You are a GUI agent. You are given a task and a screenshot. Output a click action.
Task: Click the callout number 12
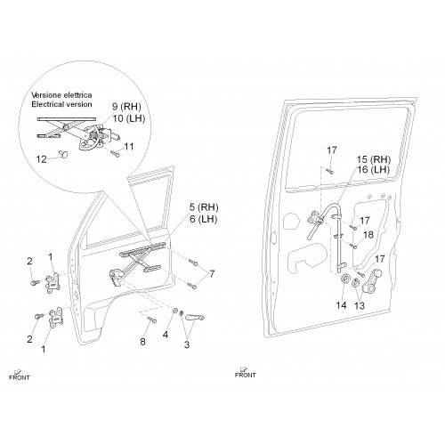[42, 159]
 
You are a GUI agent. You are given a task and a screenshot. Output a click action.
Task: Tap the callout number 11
[129, 147]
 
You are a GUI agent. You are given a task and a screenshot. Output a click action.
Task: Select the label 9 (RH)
[126, 107]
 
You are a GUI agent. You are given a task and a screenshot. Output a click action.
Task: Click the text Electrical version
[61, 104]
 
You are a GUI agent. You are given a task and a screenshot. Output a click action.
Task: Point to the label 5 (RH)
[204, 207]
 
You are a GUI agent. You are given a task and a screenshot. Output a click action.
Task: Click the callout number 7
[212, 274]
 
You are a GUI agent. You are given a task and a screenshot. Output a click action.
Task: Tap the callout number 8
[142, 342]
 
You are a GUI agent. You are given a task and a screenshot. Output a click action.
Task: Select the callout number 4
[166, 335]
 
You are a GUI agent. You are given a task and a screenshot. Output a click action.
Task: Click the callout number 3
[187, 344]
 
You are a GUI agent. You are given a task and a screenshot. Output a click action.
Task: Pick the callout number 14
[341, 305]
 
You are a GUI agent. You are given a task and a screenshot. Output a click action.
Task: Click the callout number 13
[360, 305]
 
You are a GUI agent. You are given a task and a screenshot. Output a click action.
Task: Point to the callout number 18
[368, 235]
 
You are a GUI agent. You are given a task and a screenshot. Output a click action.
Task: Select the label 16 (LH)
[373, 170]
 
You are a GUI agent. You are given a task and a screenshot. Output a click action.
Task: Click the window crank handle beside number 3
[195, 318]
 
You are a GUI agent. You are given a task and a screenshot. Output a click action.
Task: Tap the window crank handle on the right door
[372, 281]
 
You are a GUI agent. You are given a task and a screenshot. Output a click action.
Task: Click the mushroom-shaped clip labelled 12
[64, 153]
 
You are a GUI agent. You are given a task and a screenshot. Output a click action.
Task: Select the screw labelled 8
[151, 320]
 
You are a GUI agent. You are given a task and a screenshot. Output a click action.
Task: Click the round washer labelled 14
[345, 279]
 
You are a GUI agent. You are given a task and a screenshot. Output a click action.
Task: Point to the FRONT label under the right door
[245, 375]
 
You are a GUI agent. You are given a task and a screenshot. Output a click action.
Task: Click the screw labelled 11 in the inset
[115, 153]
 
